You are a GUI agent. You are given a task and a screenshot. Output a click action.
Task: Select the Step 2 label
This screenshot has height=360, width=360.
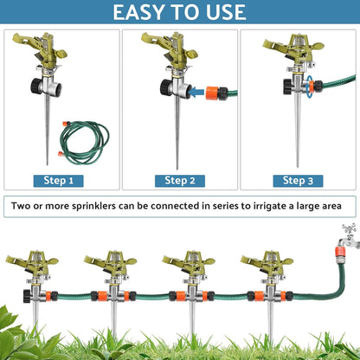[180, 181]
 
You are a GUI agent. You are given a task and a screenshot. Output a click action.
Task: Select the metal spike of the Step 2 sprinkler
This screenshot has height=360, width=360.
[177, 134]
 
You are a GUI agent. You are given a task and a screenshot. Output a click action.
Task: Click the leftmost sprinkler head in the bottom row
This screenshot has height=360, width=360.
[29, 264]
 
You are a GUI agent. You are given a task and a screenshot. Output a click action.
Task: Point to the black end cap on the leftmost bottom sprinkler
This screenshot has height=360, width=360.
[9, 296]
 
